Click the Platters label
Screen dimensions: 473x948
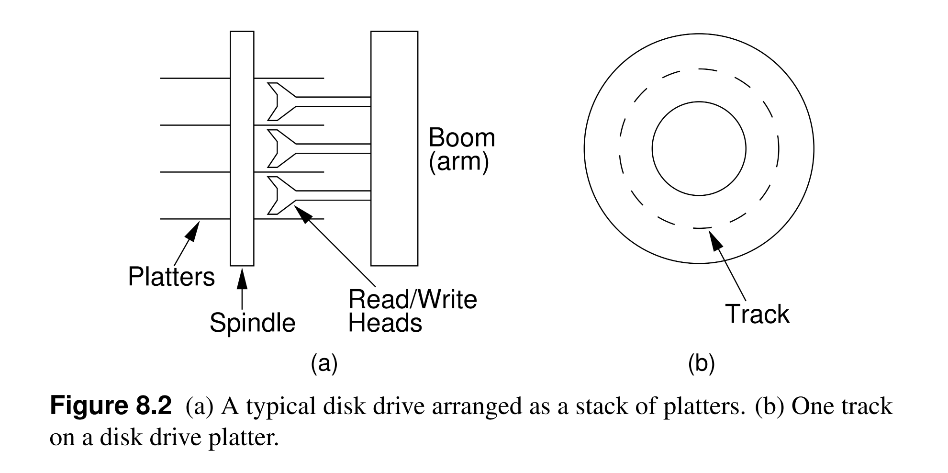coord(171,277)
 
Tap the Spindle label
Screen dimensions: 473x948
coord(252,323)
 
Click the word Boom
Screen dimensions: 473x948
coord(461,138)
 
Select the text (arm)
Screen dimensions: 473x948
coord(458,162)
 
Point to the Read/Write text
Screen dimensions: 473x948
coord(413,300)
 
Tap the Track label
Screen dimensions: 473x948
coord(757,315)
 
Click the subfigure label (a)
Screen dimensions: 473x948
coord(324,364)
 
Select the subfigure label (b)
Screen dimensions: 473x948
coord(701,364)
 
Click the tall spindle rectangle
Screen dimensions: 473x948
coord(242,148)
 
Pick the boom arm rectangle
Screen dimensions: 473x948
coord(394,148)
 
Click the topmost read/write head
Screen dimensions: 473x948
coord(282,101)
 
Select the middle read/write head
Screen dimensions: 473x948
coord(282,148)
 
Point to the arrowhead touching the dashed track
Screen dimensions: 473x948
coord(714,240)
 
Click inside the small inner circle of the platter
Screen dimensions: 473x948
coord(698,148)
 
